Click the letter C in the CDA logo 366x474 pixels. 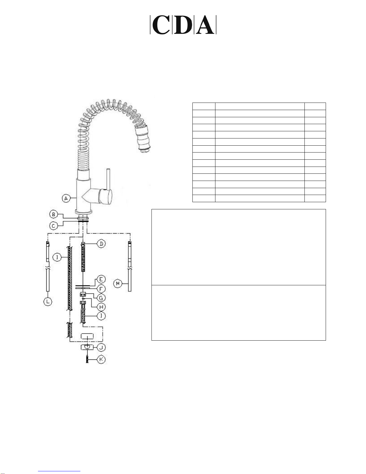pos(161,25)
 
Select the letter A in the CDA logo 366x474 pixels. pos(205,25)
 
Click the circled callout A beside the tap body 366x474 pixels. pos(66,198)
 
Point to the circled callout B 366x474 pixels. pos(53,214)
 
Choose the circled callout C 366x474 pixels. pos(53,226)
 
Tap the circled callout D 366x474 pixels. pos(101,244)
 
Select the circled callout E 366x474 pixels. pos(101,279)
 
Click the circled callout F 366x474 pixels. pos(101,289)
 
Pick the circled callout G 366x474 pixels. pos(101,298)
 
